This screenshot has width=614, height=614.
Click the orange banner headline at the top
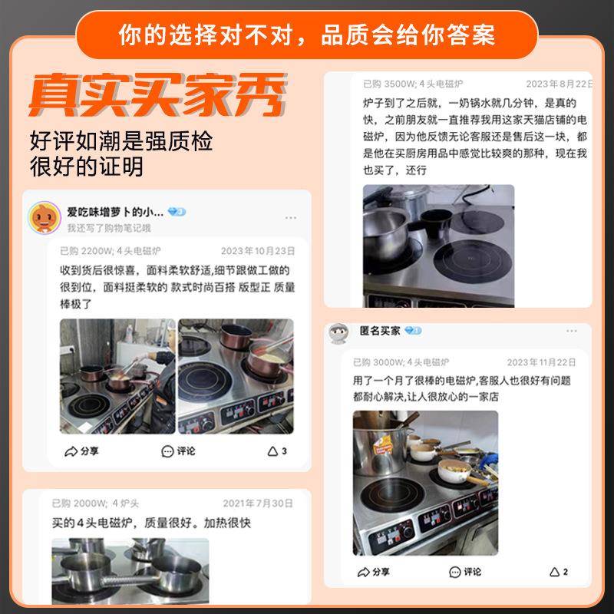(x=307, y=35)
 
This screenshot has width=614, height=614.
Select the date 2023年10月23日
(x=258, y=251)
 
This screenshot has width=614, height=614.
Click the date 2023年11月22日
(x=541, y=362)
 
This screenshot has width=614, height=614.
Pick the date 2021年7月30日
(x=258, y=503)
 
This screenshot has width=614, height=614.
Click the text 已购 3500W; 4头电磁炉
(x=413, y=84)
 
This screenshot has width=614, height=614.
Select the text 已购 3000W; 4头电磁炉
(x=401, y=362)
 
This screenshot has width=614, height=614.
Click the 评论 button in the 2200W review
(x=179, y=451)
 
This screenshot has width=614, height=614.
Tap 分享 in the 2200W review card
(x=82, y=451)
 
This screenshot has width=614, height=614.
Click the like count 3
(x=278, y=451)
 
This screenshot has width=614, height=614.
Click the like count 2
(x=559, y=572)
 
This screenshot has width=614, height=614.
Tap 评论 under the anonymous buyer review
(x=465, y=572)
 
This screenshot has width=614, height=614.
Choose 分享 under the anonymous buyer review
(x=374, y=572)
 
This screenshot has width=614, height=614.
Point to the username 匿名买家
(x=380, y=331)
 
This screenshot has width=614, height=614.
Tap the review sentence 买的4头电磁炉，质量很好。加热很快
(x=151, y=523)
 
